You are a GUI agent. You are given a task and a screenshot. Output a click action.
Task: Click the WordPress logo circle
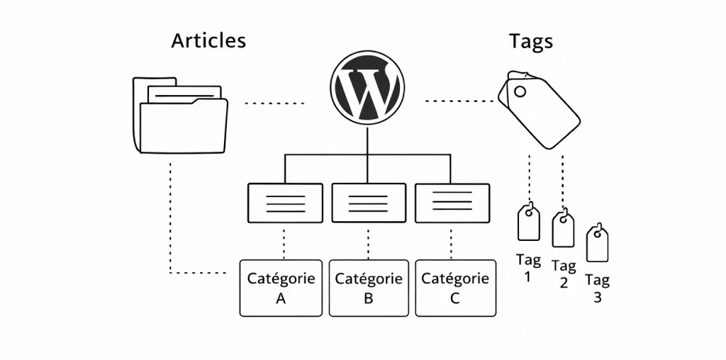(x=367, y=90)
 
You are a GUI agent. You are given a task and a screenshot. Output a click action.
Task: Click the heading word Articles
(x=208, y=41)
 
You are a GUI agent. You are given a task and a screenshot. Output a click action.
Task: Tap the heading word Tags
(x=531, y=41)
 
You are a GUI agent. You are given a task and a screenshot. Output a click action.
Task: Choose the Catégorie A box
(x=281, y=288)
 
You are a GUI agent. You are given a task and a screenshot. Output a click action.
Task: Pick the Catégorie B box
(x=369, y=288)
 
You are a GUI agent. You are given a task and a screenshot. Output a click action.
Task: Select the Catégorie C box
(x=455, y=288)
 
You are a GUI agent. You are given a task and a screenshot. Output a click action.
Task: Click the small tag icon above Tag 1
(x=528, y=223)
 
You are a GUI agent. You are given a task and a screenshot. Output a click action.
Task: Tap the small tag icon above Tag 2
(x=563, y=228)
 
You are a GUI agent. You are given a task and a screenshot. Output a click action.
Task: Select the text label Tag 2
(x=564, y=274)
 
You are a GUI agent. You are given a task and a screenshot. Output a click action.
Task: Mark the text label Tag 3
(x=597, y=289)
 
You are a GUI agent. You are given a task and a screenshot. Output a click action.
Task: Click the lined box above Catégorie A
(x=284, y=203)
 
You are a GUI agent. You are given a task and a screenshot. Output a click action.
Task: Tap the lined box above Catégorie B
(x=369, y=203)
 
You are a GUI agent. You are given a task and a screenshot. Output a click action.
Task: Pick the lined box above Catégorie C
(x=452, y=203)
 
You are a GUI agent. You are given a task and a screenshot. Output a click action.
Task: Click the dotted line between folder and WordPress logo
(x=274, y=103)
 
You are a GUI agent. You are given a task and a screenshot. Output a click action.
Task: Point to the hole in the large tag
(x=520, y=91)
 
